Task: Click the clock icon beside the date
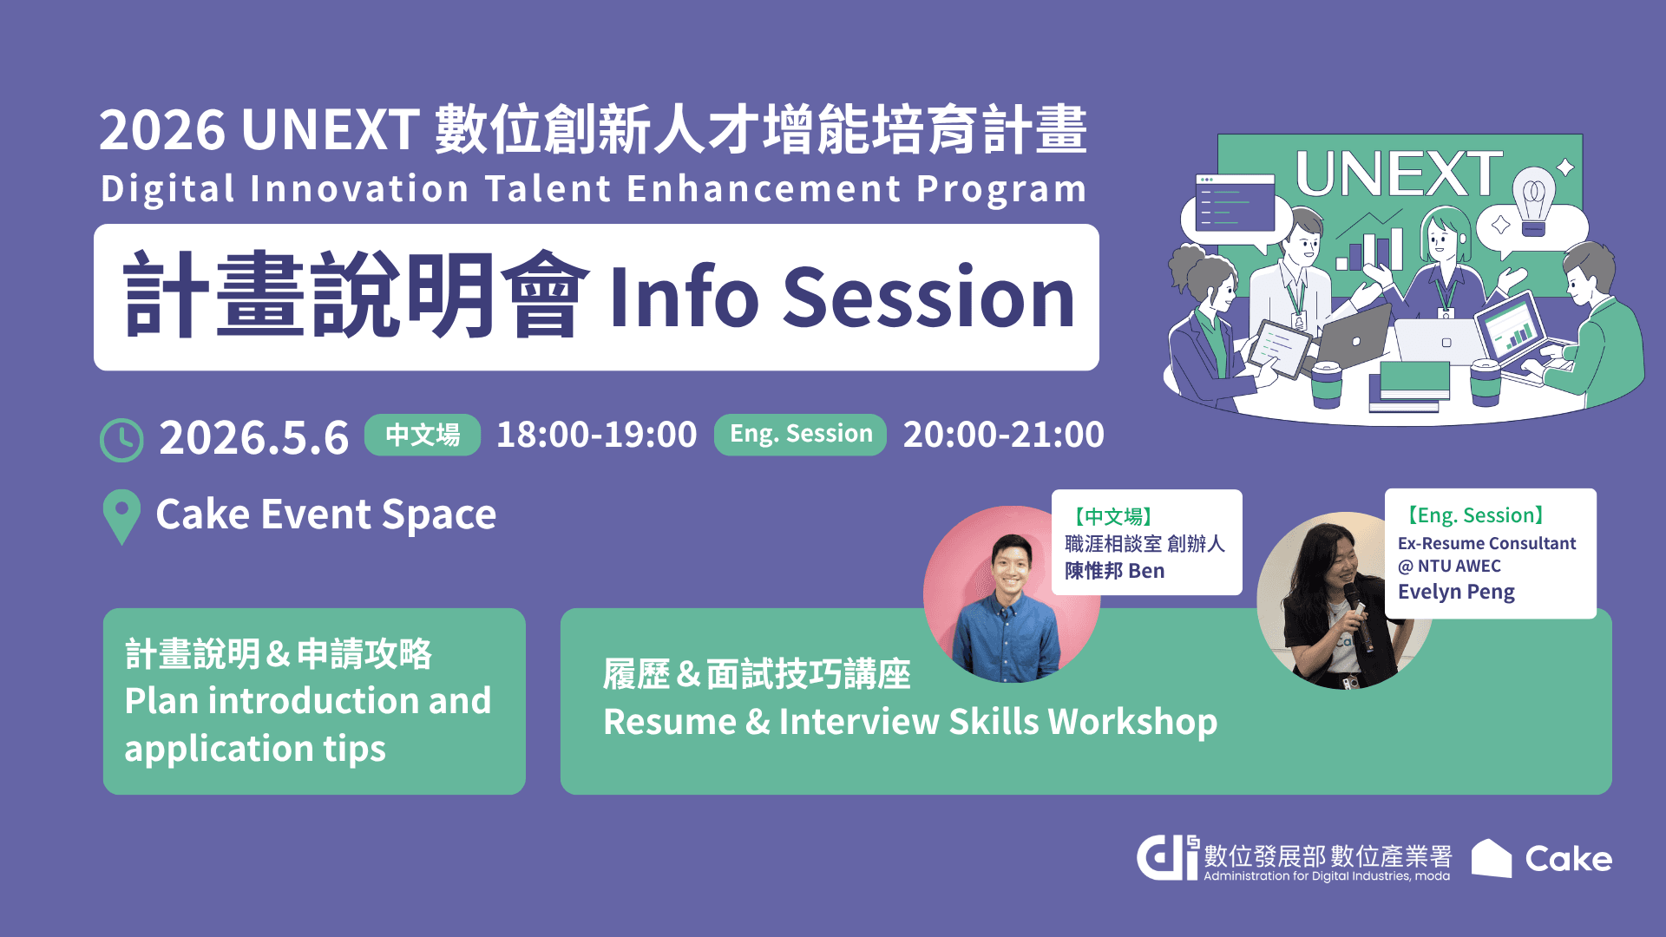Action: (x=121, y=440)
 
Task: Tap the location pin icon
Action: (x=121, y=517)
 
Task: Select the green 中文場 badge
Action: (x=423, y=435)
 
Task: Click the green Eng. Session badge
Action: (x=800, y=435)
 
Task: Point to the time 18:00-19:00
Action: (x=596, y=435)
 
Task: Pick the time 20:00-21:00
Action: (x=1004, y=435)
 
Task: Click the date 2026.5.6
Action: (x=253, y=437)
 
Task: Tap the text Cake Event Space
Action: (x=325, y=514)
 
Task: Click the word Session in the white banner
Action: (x=929, y=298)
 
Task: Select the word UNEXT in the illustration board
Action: (x=1399, y=174)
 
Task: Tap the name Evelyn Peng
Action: (x=1456, y=593)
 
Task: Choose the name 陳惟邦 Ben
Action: (x=1114, y=571)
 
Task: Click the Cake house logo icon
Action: (x=1492, y=858)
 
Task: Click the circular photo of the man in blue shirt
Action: (x=1011, y=594)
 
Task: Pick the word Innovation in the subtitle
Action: (x=360, y=189)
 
